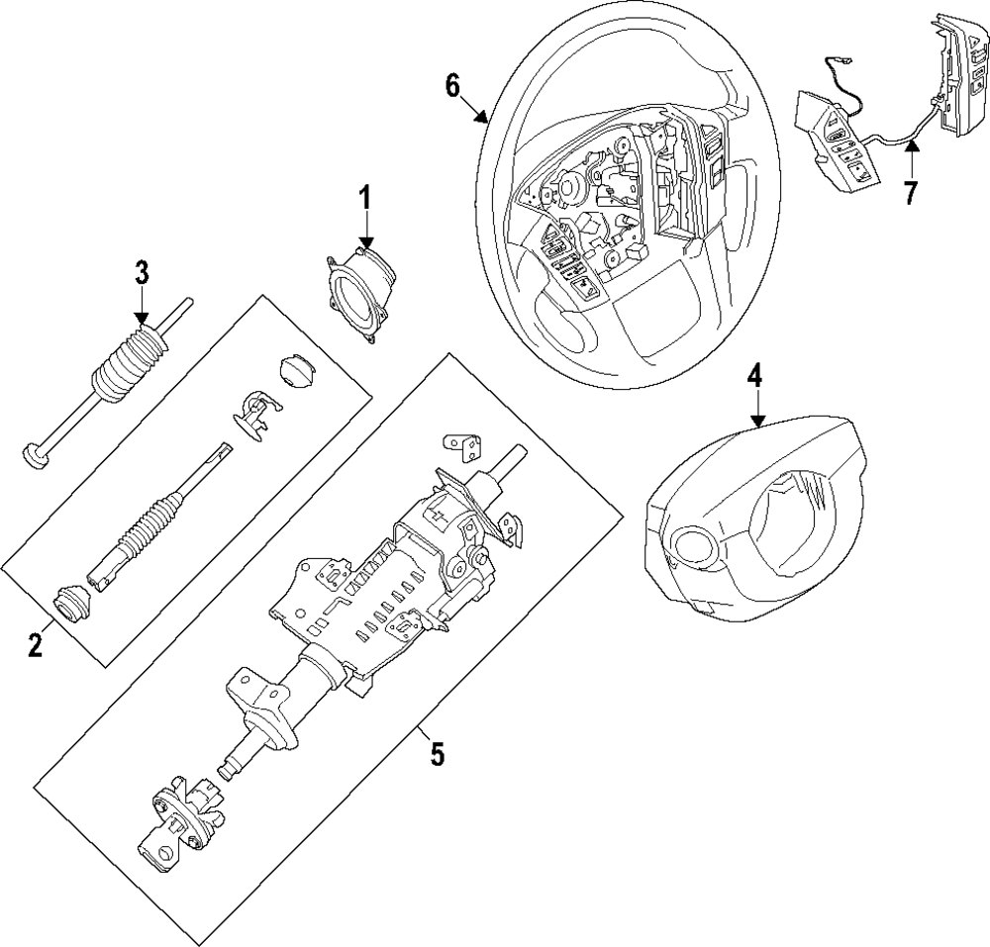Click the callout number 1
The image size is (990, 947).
365,199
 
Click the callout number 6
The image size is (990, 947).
452,86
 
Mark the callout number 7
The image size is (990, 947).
910,193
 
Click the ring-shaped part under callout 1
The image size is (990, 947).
360,294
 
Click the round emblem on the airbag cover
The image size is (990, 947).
691,544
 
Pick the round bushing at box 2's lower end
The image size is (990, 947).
73,605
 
